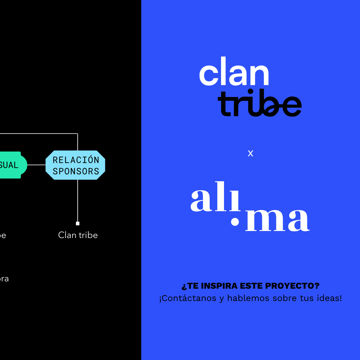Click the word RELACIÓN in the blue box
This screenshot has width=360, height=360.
76,160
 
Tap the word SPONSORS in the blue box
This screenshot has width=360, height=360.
76,171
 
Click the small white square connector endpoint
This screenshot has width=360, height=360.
78,223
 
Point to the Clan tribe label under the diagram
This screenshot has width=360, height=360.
78,235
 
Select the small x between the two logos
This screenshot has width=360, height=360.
250,153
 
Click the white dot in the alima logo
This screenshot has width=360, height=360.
235,222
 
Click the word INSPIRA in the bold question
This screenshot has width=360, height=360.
220,286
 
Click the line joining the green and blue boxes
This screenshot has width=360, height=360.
36,165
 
